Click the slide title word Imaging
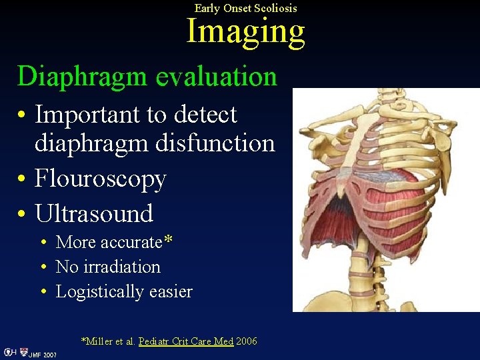point(245,31)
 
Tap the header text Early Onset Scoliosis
point(245,8)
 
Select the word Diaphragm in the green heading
point(83,77)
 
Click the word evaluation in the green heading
point(216,77)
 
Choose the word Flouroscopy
point(101,178)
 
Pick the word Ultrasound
point(94,213)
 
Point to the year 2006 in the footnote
point(247,341)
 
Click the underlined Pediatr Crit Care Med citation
point(186,341)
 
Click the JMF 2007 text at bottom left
point(43,355)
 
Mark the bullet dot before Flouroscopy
point(23,179)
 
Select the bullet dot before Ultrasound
point(23,215)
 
